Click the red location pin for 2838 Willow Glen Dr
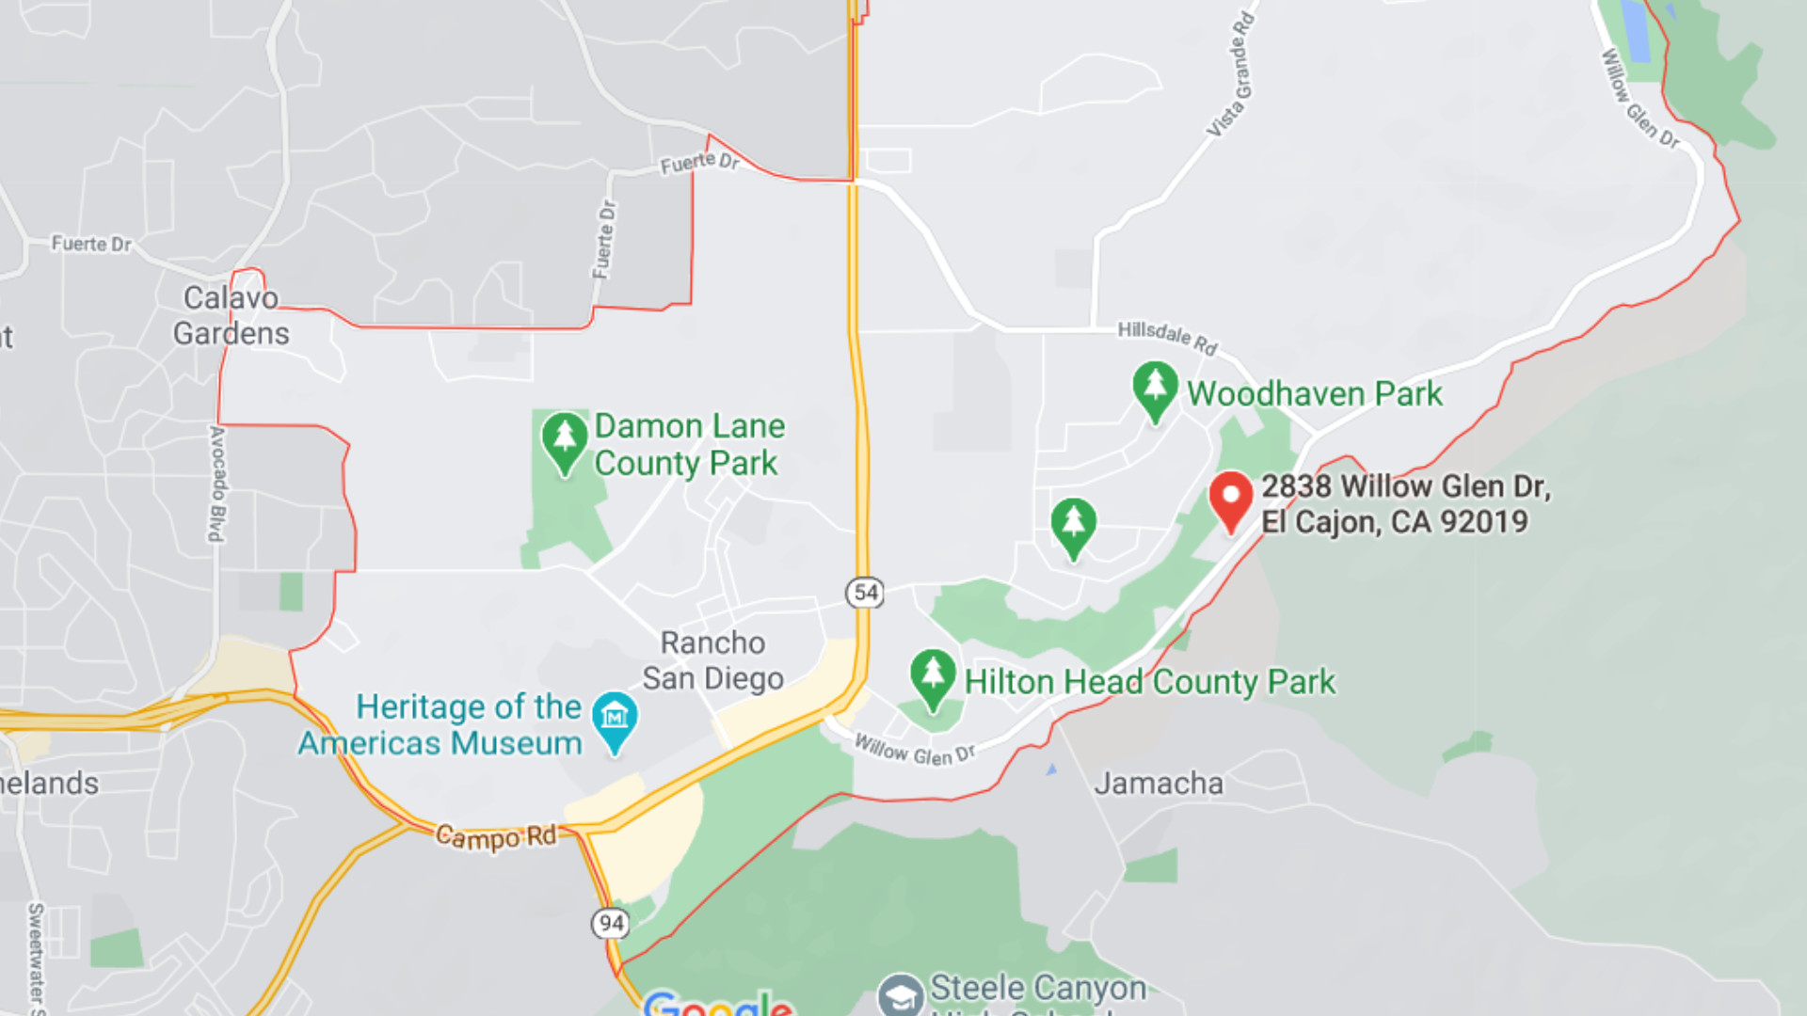coord(1230,499)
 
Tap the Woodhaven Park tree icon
coord(1155,389)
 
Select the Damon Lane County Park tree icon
coord(565,440)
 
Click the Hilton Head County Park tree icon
coord(933,676)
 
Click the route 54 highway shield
coord(865,593)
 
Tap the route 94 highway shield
coord(611,923)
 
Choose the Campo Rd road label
coord(495,836)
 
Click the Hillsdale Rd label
coord(1167,337)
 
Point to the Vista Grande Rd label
coord(1231,75)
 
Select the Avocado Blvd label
coord(217,484)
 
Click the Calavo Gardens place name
coord(231,315)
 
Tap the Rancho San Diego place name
coord(712,660)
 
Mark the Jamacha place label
coord(1159,783)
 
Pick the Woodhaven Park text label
coord(1314,393)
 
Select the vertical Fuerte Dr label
coord(605,239)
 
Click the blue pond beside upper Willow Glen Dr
coord(1637,30)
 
